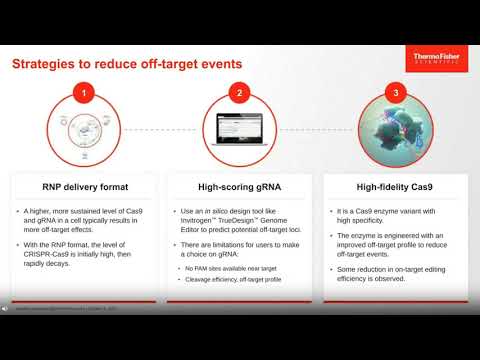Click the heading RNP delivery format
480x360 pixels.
(85, 186)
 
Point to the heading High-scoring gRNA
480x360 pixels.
(239, 186)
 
